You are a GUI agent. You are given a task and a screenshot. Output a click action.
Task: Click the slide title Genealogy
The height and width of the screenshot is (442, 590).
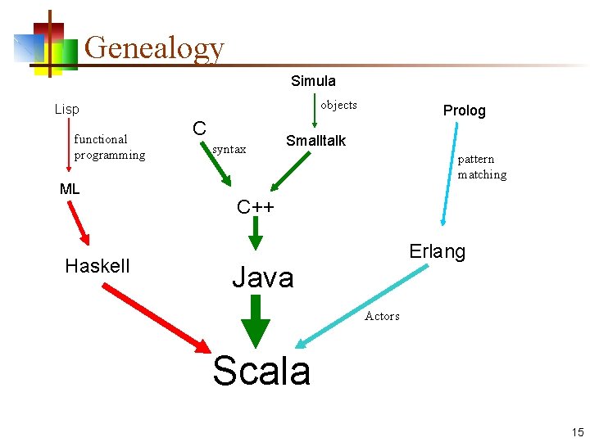pyautogui.click(x=154, y=47)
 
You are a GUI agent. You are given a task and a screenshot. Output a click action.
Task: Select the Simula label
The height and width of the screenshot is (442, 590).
pyautogui.click(x=313, y=81)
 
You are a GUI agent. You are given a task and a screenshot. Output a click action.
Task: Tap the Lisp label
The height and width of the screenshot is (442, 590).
pyautogui.click(x=67, y=109)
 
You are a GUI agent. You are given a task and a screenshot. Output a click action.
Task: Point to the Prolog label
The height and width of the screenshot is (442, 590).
pyautogui.click(x=464, y=110)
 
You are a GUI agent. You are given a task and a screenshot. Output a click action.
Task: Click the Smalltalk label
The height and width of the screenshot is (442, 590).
pyautogui.click(x=315, y=141)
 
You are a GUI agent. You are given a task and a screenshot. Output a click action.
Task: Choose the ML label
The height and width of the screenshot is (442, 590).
pyautogui.click(x=70, y=190)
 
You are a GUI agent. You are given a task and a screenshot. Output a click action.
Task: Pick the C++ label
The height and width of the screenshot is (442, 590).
pyautogui.click(x=255, y=207)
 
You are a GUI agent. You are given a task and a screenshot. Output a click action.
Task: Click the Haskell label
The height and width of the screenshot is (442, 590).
pyautogui.click(x=98, y=266)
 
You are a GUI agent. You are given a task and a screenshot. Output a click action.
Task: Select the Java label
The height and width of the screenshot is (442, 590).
pyautogui.click(x=262, y=278)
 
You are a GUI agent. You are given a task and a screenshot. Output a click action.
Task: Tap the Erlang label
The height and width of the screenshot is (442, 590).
pyautogui.click(x=438, y=252)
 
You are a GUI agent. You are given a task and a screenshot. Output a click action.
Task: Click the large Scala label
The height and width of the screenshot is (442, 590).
pyautogui.click(x=261, y=371)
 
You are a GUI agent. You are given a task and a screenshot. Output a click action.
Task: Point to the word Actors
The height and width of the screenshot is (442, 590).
pyautogui.click(x=382, y=316)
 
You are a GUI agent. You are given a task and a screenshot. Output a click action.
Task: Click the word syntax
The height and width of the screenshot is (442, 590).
pyautogui.click(x=229, y=149)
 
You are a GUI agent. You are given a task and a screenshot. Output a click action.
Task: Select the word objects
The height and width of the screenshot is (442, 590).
pyautogui.click(x=338, y=105)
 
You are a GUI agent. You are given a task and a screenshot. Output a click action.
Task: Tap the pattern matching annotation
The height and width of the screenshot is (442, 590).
pyautogui.click(x=482, y=166)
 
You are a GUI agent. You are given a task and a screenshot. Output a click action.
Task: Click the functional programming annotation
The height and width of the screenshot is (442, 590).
pyautogui.click(x=110, y=147)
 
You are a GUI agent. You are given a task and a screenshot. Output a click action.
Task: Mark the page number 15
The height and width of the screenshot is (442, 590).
pyautogui.click(x=578, y=432)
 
